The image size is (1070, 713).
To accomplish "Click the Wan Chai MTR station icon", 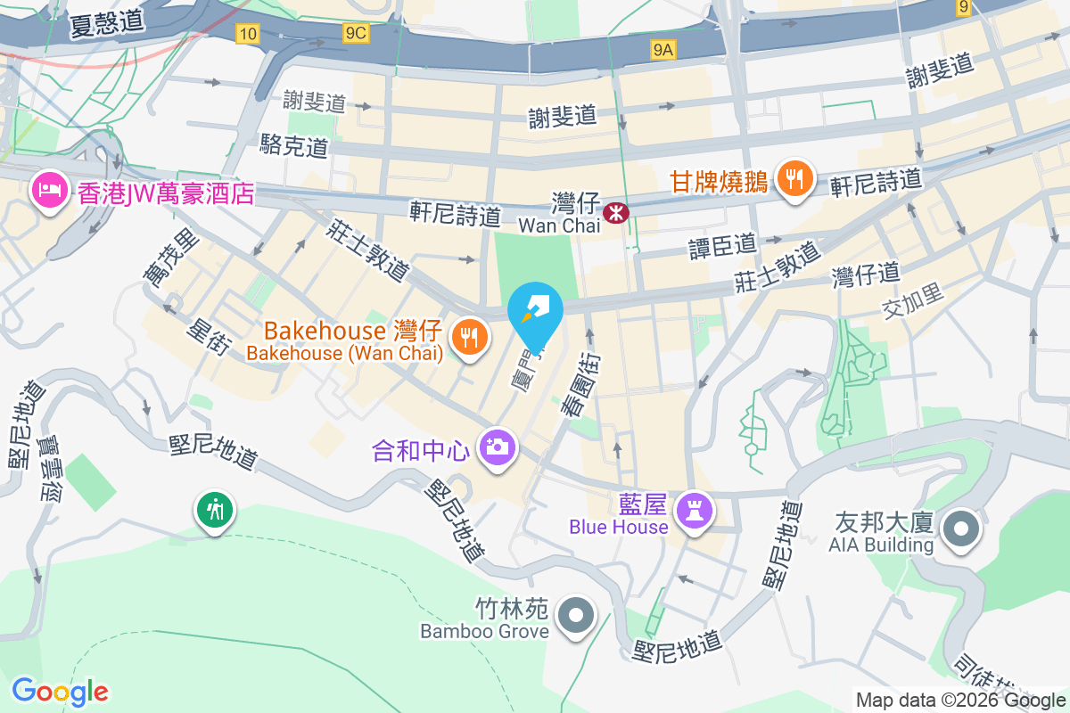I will click(x=614, y=212).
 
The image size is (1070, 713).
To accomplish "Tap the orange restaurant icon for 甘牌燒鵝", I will click(x=792, y=180).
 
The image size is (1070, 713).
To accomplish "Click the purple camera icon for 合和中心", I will click(x=497, y=446).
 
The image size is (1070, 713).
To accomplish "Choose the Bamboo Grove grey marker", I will click(x=576, y=616).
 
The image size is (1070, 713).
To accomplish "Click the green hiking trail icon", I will click(x=214, y=511).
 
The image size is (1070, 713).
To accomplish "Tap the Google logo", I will click(x=60, y=691).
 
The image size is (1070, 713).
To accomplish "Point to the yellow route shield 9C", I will click(x=355, y=33).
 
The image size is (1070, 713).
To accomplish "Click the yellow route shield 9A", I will click(x=662, y=50).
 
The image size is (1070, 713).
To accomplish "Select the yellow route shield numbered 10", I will click(x=248, y=34).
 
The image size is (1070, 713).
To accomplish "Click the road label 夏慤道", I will click(x=107, y=23).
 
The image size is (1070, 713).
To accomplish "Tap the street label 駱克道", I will click(x=294, y=146).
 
